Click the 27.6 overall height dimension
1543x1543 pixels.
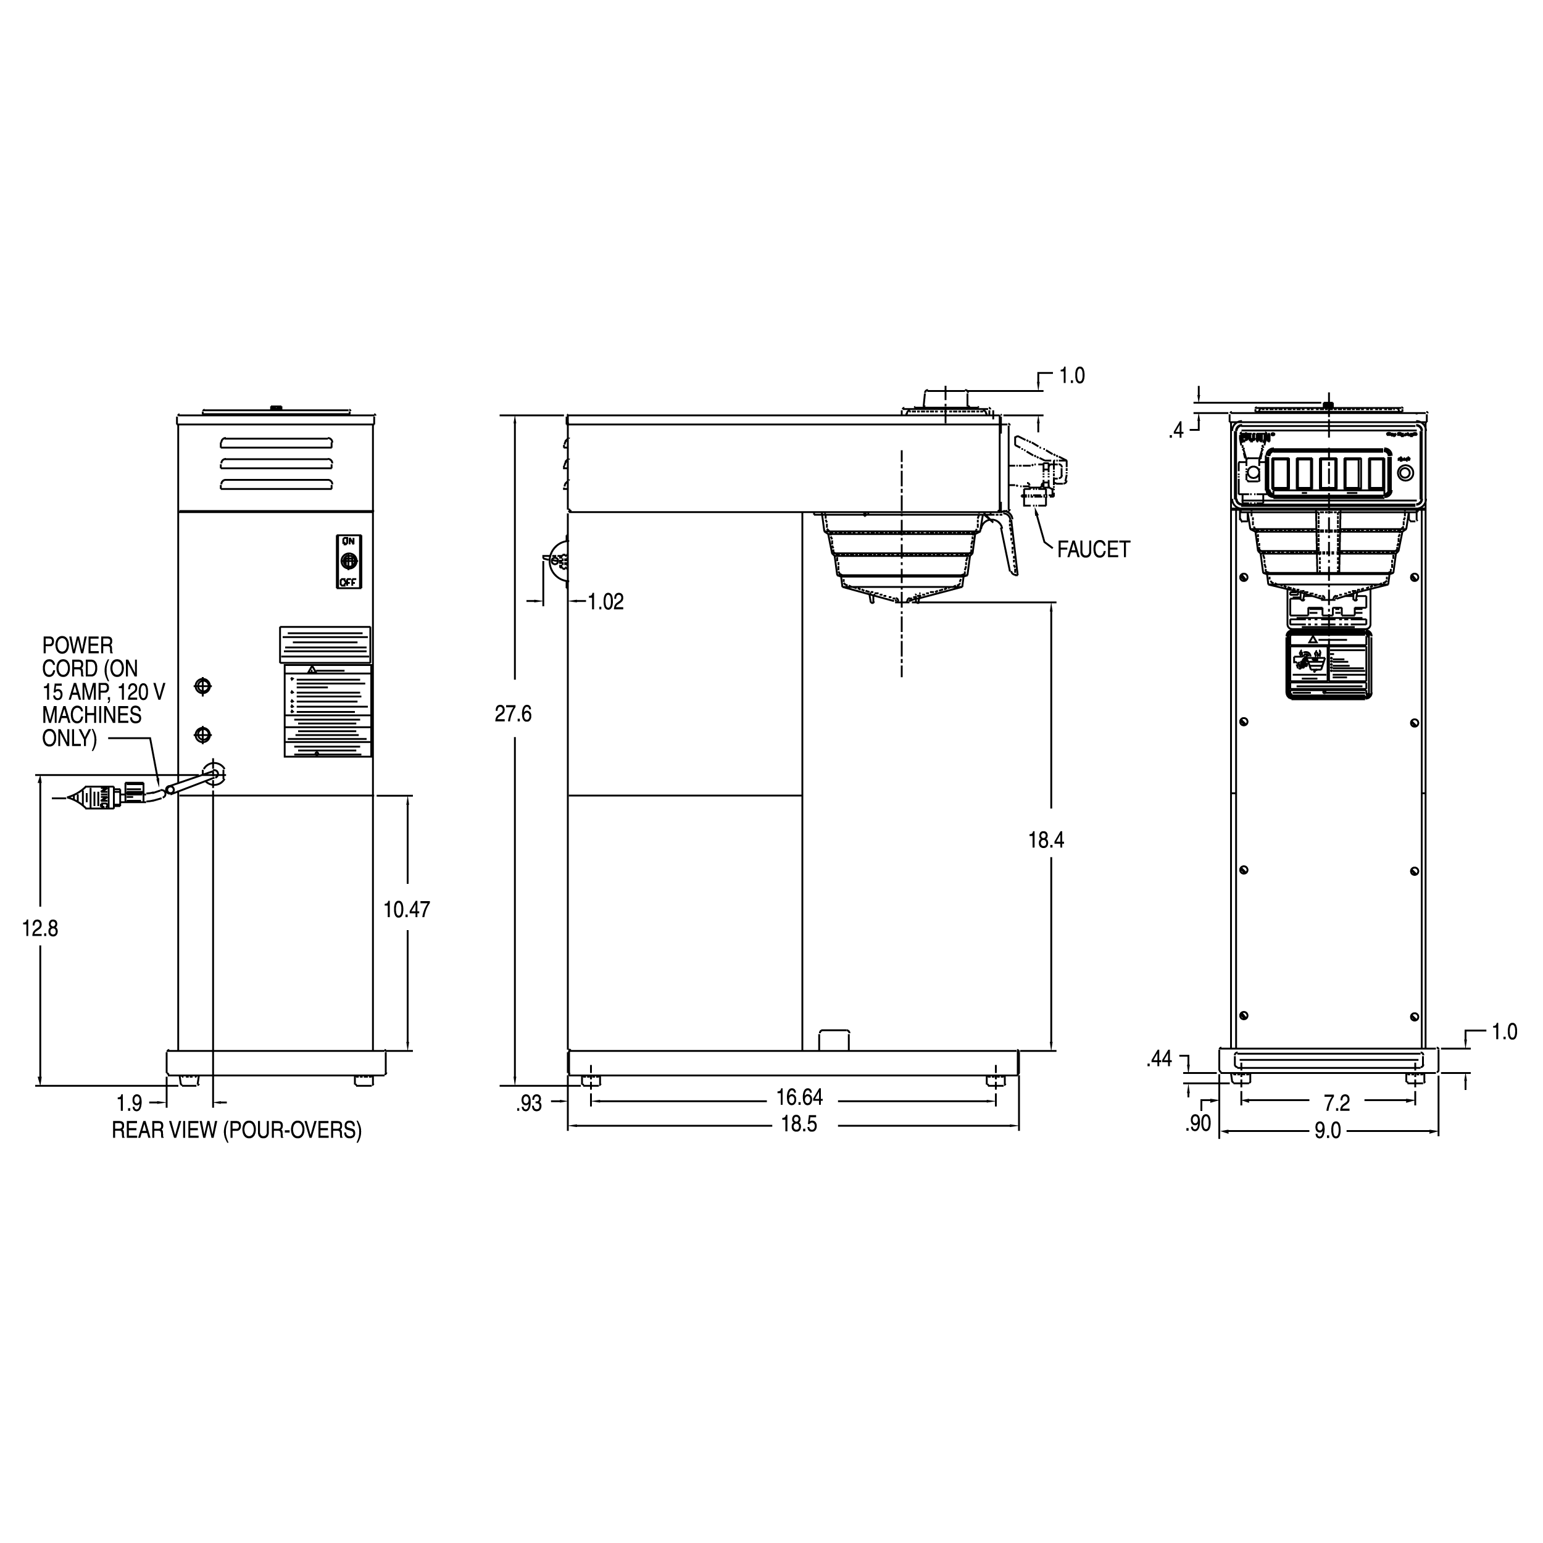tap(513, 714)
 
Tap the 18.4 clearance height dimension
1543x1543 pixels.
tap(1046, 840)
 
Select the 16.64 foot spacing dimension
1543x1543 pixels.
tap(799, 1097)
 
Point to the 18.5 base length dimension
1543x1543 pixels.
tap(799, 1125)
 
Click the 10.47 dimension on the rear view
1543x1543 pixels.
tap(407, 910)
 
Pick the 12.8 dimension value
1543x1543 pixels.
tap(40, 929)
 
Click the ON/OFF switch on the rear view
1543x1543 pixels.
tap(348, 562)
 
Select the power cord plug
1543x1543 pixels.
tap(96, 797)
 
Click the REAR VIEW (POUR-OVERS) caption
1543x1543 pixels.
tap(236, 1130)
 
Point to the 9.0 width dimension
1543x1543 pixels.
tap(1328, 1132)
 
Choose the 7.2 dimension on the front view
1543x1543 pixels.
tap(1336, 1104)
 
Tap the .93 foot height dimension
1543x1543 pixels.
tap(529, 1104)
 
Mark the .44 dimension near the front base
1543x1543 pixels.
tap(1159, 1059)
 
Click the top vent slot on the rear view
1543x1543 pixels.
tap(277, 443)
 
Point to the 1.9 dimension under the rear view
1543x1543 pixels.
tap(130, 1104)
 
